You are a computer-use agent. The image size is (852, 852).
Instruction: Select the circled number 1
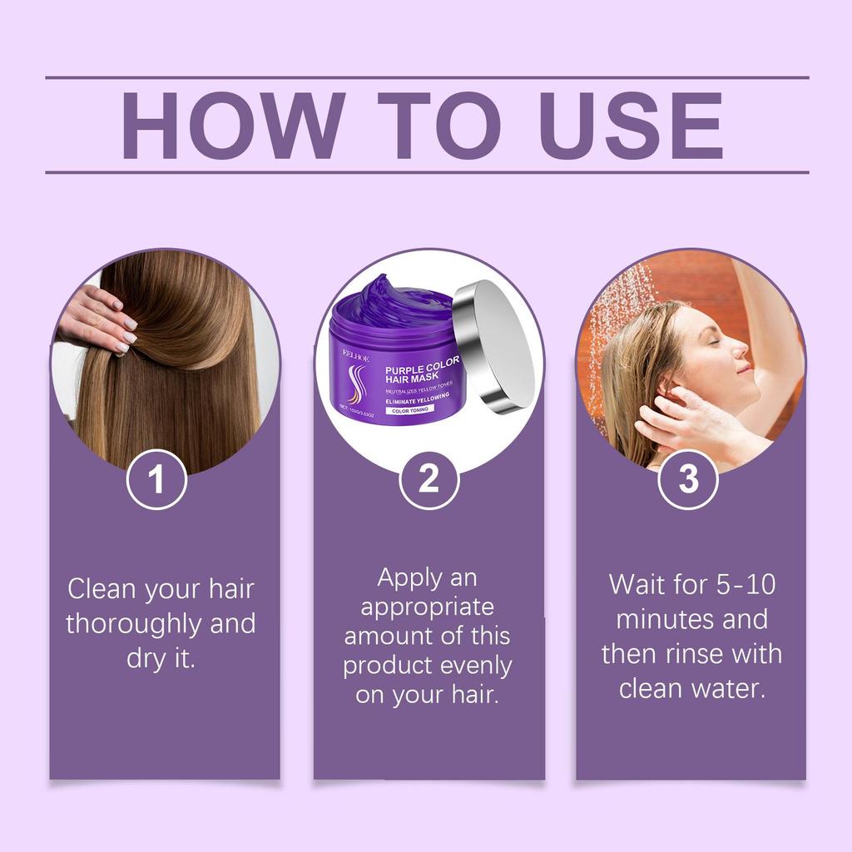[156, 480]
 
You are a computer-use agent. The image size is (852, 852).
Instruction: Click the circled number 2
[428, 480]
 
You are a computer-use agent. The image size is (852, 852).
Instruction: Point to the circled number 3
[688, 480]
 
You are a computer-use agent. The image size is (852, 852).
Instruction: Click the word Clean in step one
[103, 589]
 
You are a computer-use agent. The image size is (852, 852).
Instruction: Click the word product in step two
[389, 666]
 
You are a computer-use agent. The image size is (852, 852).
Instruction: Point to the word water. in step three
[727, 689]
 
